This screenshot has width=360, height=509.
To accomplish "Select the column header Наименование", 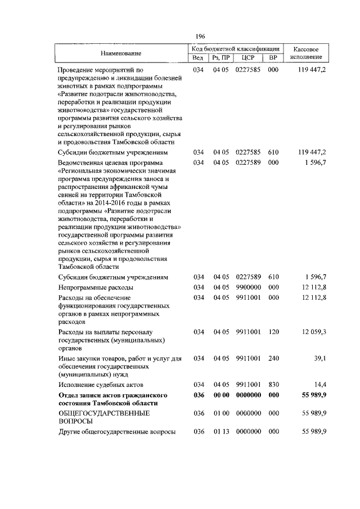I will pos(121,53).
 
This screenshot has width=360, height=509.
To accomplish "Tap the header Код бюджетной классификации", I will pos(235,49).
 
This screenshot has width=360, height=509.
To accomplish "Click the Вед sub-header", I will pos(197,58).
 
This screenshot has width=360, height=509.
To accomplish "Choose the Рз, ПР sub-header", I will pos(220,58).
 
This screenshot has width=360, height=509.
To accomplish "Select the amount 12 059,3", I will pos(314,332).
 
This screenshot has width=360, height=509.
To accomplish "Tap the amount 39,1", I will pos(320,358).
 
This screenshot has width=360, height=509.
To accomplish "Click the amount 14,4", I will pos(320,384).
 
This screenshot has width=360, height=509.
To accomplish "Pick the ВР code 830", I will pos(273,384).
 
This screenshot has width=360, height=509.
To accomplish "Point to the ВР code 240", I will pos(273,358).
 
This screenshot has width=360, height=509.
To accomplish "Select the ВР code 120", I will pos(273,332).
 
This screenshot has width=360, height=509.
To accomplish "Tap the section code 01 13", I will pos(220,431).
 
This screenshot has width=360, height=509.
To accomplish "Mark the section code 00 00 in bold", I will pos(220,395).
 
